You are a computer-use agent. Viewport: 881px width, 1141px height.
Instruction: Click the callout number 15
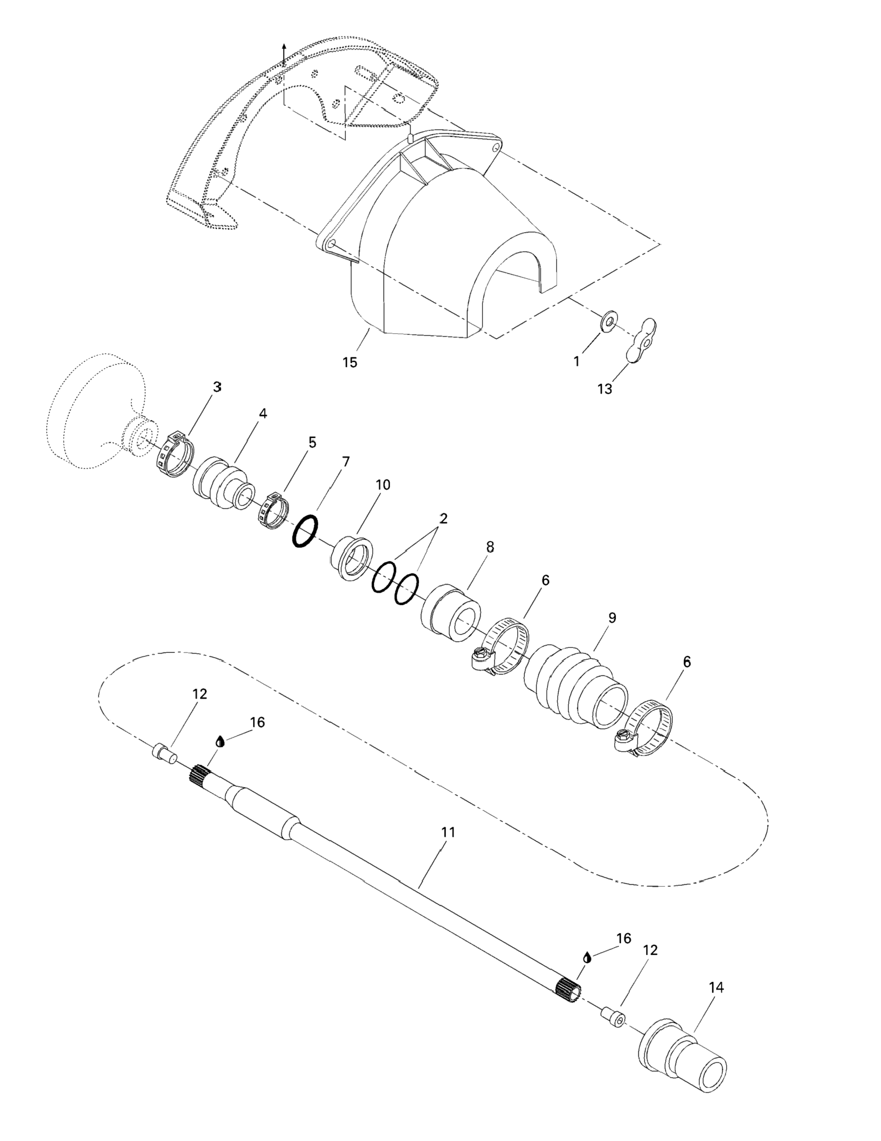[x=349, y=362]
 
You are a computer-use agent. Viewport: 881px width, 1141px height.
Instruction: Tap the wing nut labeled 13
[x=642, y=340]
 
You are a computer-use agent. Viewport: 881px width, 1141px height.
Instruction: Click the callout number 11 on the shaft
[x=448, y=832]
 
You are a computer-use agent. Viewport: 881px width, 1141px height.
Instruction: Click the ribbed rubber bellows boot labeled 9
[x=575, y=686]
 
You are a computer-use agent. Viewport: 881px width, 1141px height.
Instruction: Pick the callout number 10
[x=383, y=485]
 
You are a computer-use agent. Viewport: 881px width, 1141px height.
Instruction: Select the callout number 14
[x=717, y=987]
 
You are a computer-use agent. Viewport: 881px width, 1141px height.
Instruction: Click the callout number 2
[x=443, y=519]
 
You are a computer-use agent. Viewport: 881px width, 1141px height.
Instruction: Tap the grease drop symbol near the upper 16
[x=220, y=741]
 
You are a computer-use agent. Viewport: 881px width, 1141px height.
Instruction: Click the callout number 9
[x=612, y=618]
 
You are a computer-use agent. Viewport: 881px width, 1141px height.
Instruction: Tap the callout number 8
[x=490, y=547]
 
